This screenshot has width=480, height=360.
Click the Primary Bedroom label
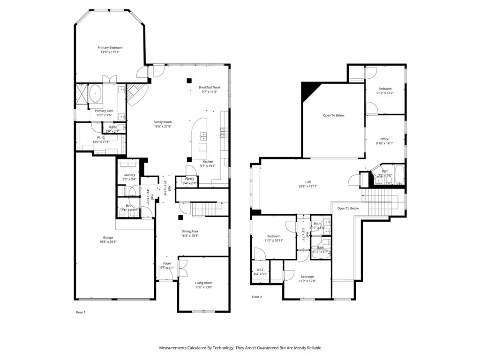110,47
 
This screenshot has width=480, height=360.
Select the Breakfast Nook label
209,87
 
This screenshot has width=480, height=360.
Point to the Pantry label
189,179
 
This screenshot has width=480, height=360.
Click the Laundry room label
129,175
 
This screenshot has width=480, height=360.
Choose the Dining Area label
190,231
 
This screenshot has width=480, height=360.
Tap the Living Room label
204,283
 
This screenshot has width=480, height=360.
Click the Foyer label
167,263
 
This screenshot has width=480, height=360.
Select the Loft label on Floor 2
308,182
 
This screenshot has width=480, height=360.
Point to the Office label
384,139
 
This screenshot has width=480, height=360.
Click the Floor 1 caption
81,312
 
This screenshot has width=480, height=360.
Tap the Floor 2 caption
257,297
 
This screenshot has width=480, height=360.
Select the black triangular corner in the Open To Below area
309,90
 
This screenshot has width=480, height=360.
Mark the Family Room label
163,122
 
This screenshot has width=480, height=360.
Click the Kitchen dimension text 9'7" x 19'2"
208,166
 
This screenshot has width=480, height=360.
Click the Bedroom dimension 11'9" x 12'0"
307,281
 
